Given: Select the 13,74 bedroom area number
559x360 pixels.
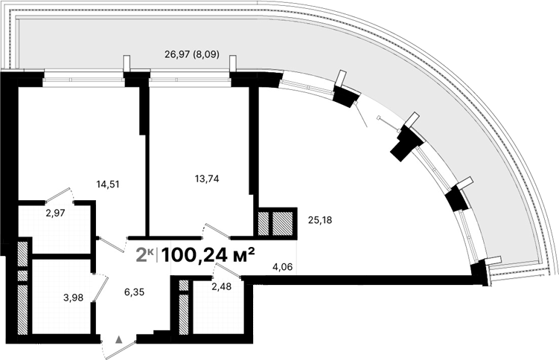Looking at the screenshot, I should pyautogui.click(x=204, y=179).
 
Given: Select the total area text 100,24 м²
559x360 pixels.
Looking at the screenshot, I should pyautogui.click(x=208, y=254).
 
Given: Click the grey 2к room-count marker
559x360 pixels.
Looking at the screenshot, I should pyautogui.click(x=144, y=255).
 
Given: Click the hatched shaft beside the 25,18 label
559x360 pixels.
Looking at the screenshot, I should pyautogui.click(x=284, y=224).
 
